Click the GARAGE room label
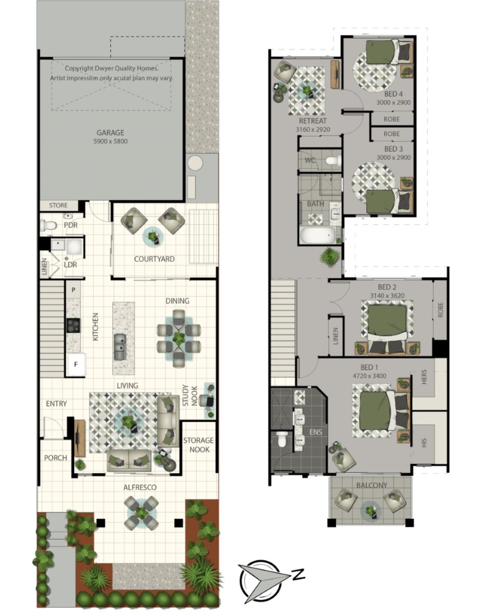click(110, 132)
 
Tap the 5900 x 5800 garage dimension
click(110, 142)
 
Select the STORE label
click(58, 205)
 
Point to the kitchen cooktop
click(73, 325)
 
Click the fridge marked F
click(76, 364)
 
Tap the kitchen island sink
click(119, 347)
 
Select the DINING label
click(177, 301)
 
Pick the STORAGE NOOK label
click(199, 445)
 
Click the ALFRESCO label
click(140, 487)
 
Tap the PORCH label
click(55, 458)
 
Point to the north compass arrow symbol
click(269, 578)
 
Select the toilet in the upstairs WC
click(333, 160)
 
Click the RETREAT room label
click(312, 121)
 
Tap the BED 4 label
click(394, 94)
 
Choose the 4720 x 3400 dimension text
click(370, 376)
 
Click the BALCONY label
click(371, 485)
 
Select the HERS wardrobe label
click(425, 377)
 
